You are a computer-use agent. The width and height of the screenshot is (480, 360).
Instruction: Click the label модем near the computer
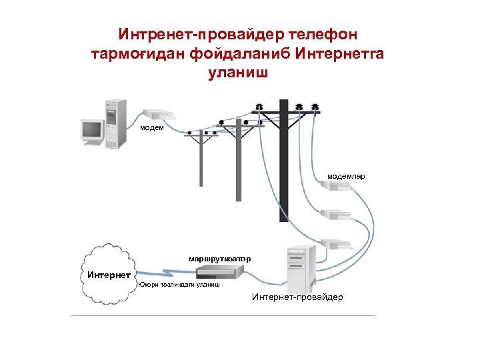(x=151, y=127)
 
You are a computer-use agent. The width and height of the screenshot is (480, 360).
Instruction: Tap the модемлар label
(x=345, y=177)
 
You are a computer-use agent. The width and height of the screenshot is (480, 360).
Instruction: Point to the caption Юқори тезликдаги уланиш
(x=179, y=285)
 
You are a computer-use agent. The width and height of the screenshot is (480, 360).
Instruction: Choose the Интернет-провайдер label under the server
(x=297, y=297)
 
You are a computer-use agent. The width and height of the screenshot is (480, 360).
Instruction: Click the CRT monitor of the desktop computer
(x=91, y=130)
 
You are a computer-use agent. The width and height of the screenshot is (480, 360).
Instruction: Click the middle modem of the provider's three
(x=335, y=215)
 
